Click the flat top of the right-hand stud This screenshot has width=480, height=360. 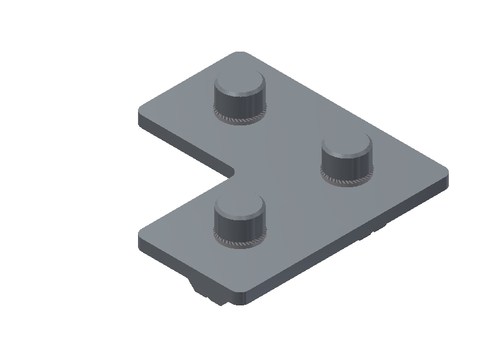346,145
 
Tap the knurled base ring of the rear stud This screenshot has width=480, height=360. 239,121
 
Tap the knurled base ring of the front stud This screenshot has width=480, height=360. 239,244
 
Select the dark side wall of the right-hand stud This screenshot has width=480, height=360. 346,167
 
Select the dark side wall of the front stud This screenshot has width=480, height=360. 239,229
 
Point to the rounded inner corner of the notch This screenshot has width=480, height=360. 232,173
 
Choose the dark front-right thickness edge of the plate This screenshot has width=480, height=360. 348,243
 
